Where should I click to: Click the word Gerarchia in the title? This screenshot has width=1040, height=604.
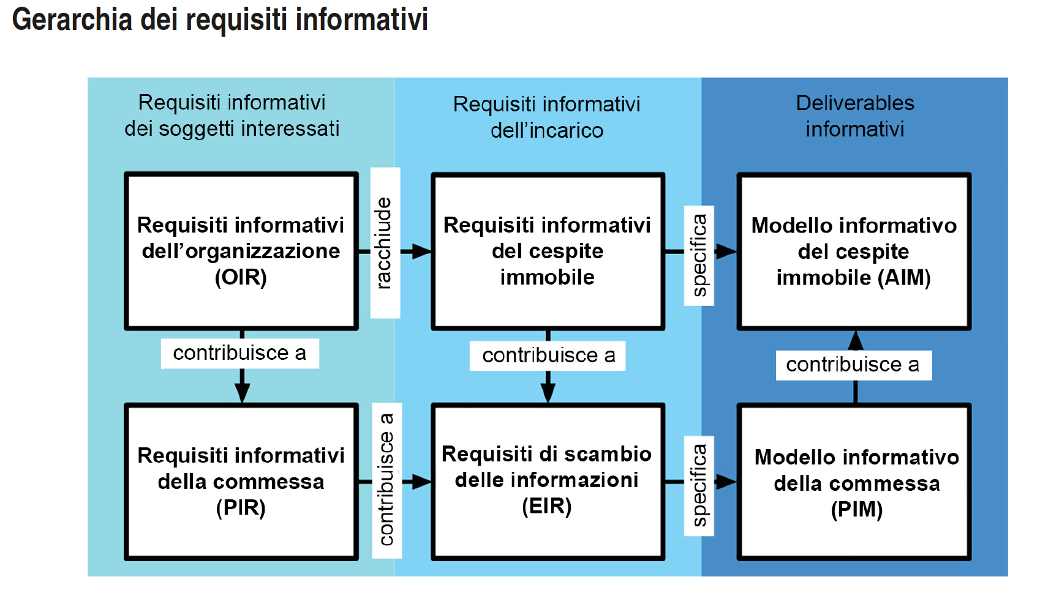72,20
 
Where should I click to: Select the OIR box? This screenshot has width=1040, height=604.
241,251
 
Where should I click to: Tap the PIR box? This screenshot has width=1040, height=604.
241,482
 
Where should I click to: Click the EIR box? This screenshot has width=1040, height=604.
547,480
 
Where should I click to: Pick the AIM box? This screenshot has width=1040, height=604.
854,252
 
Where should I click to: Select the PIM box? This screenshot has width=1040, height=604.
855,482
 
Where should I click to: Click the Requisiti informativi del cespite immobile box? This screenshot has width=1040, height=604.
547,251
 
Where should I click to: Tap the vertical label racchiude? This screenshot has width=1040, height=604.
385,243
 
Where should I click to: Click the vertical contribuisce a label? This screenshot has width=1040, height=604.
386,480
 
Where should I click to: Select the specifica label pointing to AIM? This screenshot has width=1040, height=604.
699,256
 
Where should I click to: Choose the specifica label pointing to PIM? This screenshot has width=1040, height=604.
699,485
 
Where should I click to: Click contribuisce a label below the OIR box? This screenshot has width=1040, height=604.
239,353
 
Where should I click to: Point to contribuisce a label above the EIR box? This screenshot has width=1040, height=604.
548,356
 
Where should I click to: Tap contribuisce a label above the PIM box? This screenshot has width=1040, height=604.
853,365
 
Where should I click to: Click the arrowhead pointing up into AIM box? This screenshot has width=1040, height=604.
856,340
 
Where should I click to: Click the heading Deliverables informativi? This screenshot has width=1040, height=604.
854,116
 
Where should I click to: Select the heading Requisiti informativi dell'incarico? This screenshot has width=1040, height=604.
546,117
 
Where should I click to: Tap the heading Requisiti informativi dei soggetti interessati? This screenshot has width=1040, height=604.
232,115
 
